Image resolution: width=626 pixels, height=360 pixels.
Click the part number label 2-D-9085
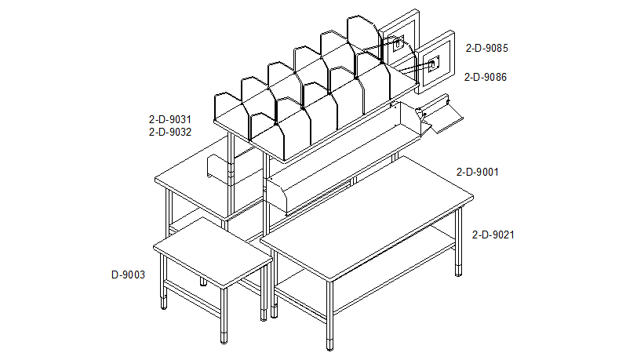pos(486,49)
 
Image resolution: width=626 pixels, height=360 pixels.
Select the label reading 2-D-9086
pos(485,77)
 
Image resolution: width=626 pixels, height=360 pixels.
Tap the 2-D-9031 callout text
pos(170,119)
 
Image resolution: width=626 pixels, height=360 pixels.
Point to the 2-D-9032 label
pos(170,132)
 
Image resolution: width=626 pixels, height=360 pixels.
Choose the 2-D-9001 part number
pos(478,172)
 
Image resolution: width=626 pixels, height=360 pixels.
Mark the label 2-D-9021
pos(493,235)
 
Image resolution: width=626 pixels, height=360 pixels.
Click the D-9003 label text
pos(128,275)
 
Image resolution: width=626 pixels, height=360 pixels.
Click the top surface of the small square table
pos(213,253)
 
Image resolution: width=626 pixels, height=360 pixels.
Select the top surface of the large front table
pos(367,218)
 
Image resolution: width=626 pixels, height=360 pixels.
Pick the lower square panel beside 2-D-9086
pos(435,62)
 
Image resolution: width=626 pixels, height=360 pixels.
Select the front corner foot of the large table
pos(329,345)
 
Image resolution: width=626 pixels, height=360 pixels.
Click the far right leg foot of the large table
pos(458,271)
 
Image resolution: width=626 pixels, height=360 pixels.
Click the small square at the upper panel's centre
pos(397,43)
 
